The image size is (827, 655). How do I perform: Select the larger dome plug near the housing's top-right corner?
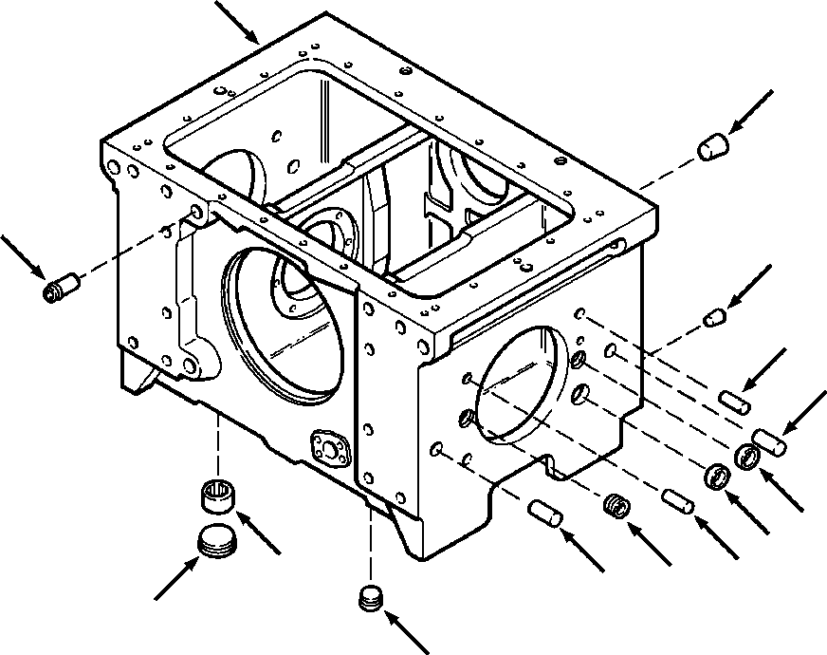(712, 147)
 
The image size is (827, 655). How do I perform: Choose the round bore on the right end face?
(521, 384)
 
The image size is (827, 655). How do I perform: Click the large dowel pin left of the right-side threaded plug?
(548, 514)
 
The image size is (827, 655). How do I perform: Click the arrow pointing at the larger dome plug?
(752, 113)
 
